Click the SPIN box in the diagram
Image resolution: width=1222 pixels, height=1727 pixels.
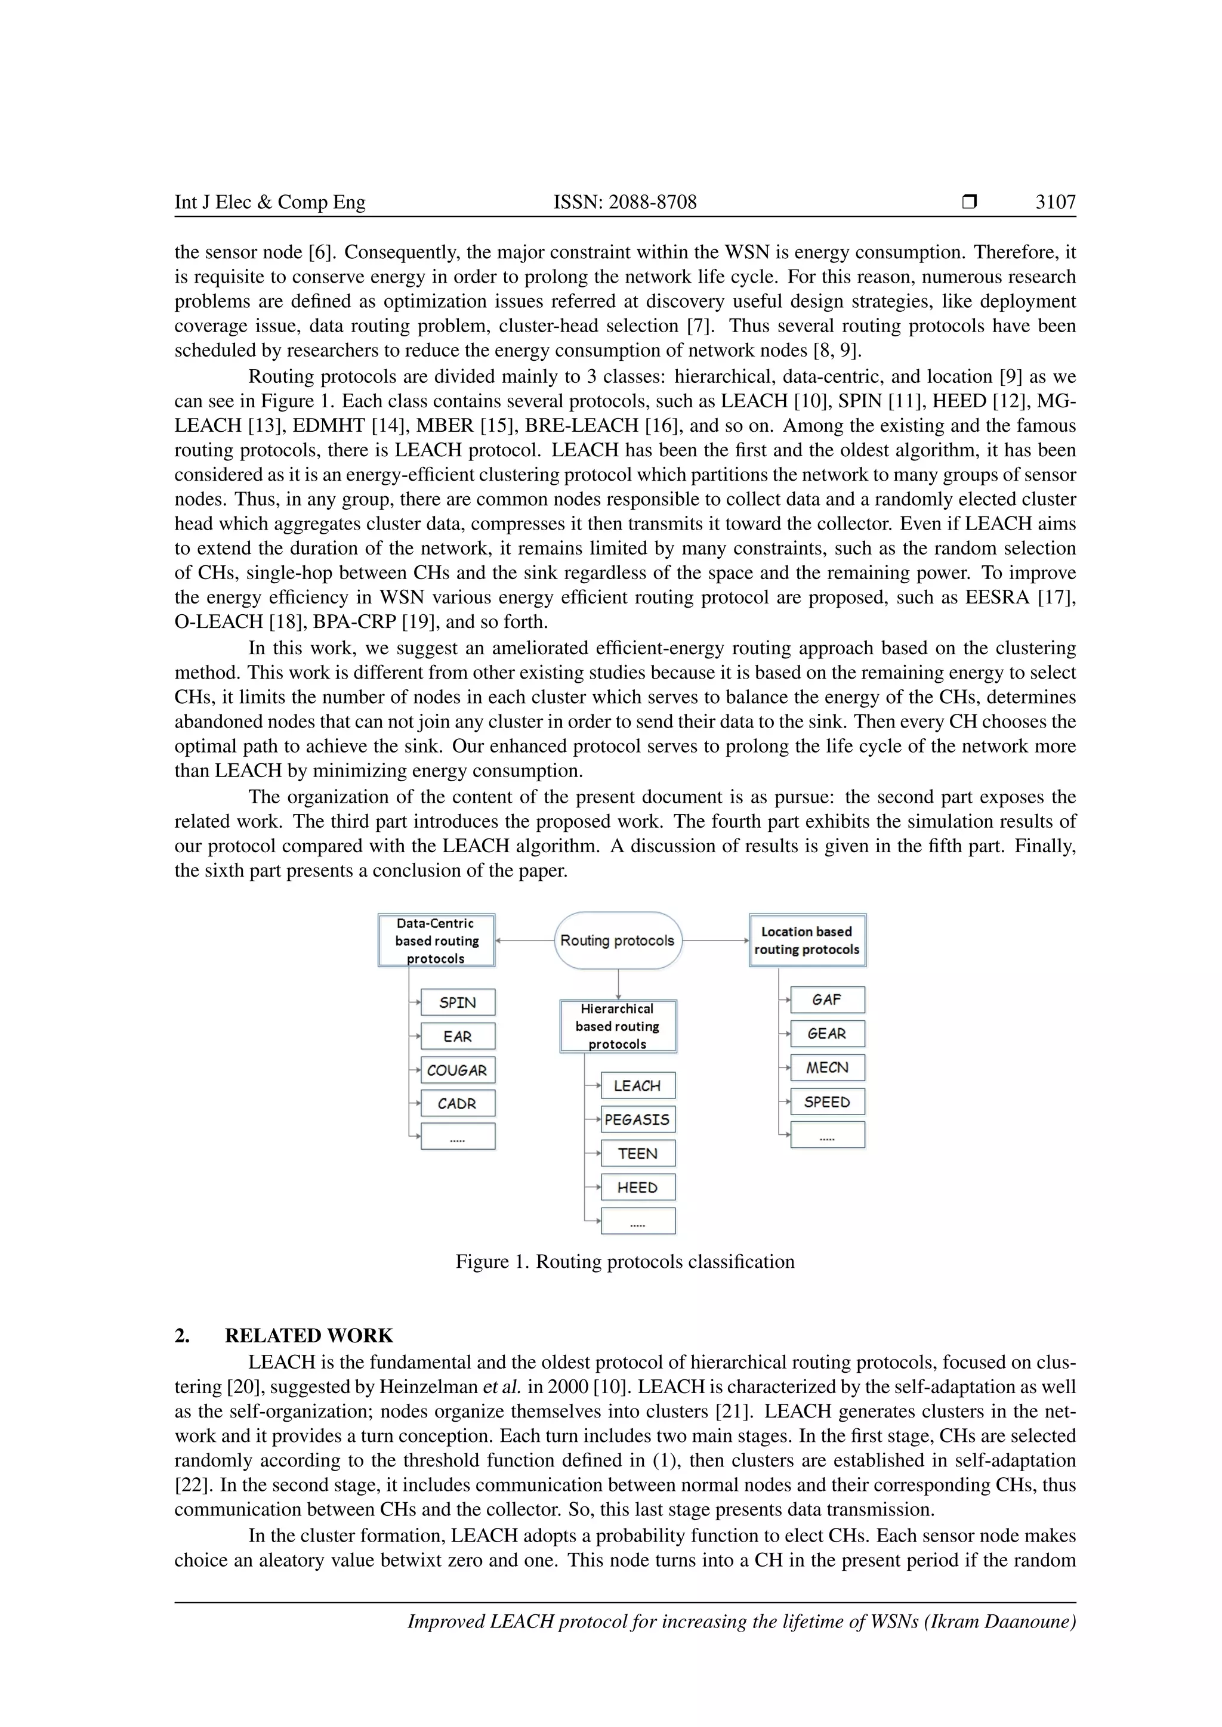point(458,1002)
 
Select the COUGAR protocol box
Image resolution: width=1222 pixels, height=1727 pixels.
point(458,1070)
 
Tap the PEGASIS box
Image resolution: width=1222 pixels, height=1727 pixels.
point(637,1119)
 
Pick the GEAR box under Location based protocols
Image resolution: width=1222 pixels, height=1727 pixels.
point(827,1033)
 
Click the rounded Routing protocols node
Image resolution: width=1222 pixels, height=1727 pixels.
point(618,940)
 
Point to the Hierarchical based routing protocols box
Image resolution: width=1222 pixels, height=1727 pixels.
point(618,1026)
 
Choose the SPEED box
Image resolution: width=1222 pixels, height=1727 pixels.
point(827,1102)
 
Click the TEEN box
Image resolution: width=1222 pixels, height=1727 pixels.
point(637,1153)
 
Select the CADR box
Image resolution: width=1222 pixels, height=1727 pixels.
point(458,1103)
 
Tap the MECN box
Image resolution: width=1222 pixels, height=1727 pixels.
point(827,1067)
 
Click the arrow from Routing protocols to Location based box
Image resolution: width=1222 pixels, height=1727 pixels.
point(715,940)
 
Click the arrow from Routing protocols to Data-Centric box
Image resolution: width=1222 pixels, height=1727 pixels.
point(525,940)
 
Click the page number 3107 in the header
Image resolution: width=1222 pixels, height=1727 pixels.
point(1055,202)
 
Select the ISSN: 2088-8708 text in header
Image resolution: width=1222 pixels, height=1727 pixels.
point(625,202)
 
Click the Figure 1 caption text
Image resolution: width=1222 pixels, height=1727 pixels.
point(625,1261)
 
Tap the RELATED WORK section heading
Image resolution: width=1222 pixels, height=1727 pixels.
point(308,1336)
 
